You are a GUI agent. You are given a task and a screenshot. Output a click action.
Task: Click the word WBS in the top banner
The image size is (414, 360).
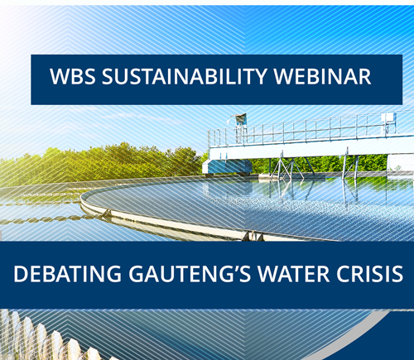tap(73, 76)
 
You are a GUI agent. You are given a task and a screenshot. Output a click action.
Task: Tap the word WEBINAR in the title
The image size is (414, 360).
tap(322, 76)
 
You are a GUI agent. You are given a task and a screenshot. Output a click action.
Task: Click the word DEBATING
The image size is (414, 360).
tap(67, 274)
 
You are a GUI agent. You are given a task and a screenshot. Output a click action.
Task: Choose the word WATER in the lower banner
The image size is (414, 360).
tap(293, 274)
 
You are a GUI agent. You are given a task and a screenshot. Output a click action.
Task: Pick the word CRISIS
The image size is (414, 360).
tap(369, 274)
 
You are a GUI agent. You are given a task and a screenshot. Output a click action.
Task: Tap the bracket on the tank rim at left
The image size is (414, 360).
tap(107, 213)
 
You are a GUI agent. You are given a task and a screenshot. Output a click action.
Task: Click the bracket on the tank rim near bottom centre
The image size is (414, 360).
tap(253, 236)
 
